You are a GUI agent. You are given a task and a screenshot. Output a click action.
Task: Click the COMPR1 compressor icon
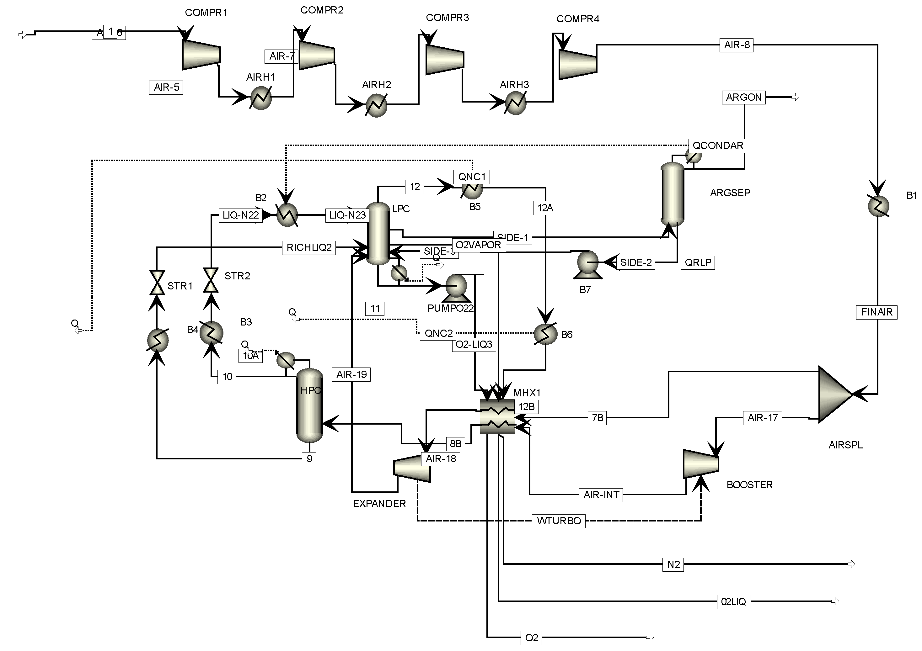coord(201,55)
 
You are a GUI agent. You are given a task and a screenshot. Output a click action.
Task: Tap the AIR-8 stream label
coord(737,45)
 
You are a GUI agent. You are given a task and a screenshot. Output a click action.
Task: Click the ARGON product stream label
coord(744,98)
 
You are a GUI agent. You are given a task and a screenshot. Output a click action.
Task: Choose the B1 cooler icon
coord(878,207)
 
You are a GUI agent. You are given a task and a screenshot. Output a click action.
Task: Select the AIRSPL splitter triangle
coord(833,394)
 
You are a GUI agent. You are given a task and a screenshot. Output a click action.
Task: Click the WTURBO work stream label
coord(559,521)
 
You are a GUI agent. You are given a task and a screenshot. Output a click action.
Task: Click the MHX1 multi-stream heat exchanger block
coord(497,416)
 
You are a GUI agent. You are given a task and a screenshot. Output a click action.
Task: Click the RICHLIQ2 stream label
coord(309,248)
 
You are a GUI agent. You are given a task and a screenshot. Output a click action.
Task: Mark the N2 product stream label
coord(673,565)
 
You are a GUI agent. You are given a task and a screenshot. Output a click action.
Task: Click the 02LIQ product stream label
coord(733,602)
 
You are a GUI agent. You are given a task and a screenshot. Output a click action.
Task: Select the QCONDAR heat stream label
coord(718,146)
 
